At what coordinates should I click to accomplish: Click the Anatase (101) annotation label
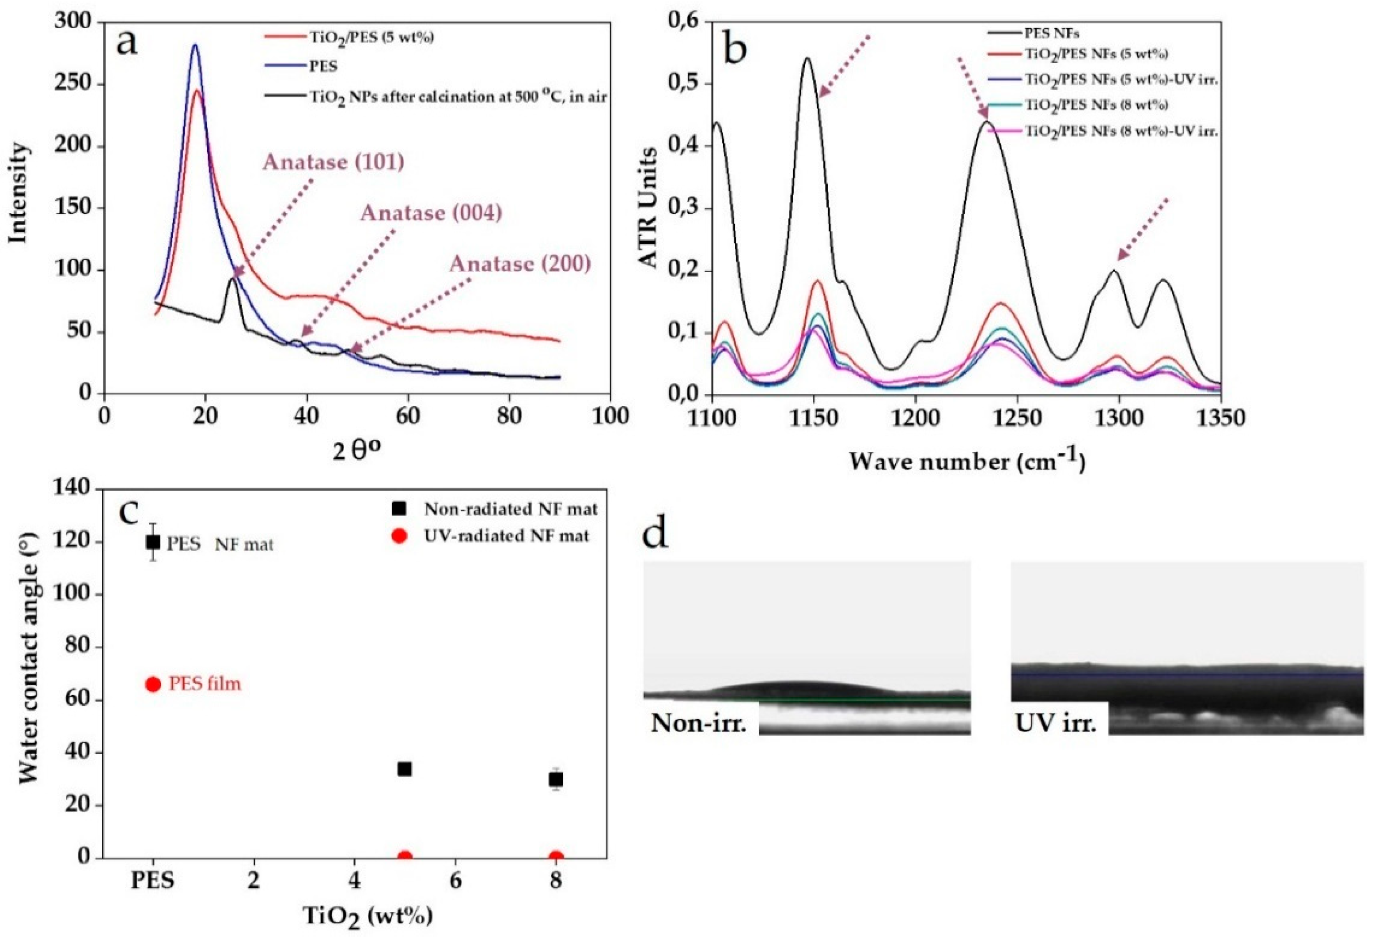[x=333, y=162]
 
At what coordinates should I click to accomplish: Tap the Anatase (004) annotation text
[x=431, y=213]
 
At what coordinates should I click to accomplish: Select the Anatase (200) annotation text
[x=520, y=264]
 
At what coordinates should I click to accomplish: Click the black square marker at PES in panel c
[x=153, y=542]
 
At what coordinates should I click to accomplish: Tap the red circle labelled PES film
[x=153, y=684]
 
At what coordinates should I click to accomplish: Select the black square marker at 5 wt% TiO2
[x=405, y=769]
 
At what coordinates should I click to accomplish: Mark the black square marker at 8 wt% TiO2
[x=556, y=779]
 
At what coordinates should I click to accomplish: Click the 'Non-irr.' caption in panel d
[x=698, y=723]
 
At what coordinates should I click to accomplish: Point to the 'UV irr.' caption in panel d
[x=1056, y=723]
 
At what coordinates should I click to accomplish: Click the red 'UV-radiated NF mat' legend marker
[x=400, y=536]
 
